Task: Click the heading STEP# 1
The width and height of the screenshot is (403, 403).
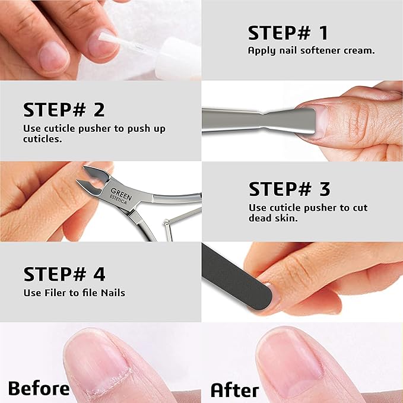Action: pos(288,33)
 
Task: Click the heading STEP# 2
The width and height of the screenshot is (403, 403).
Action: pos(64,110)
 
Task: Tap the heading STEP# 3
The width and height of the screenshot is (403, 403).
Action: pos(289,189)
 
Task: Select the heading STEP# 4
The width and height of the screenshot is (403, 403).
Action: pos(64,274)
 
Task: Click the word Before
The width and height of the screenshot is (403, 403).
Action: pos(39,389)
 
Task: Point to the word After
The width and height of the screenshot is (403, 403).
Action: pos(235,390)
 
